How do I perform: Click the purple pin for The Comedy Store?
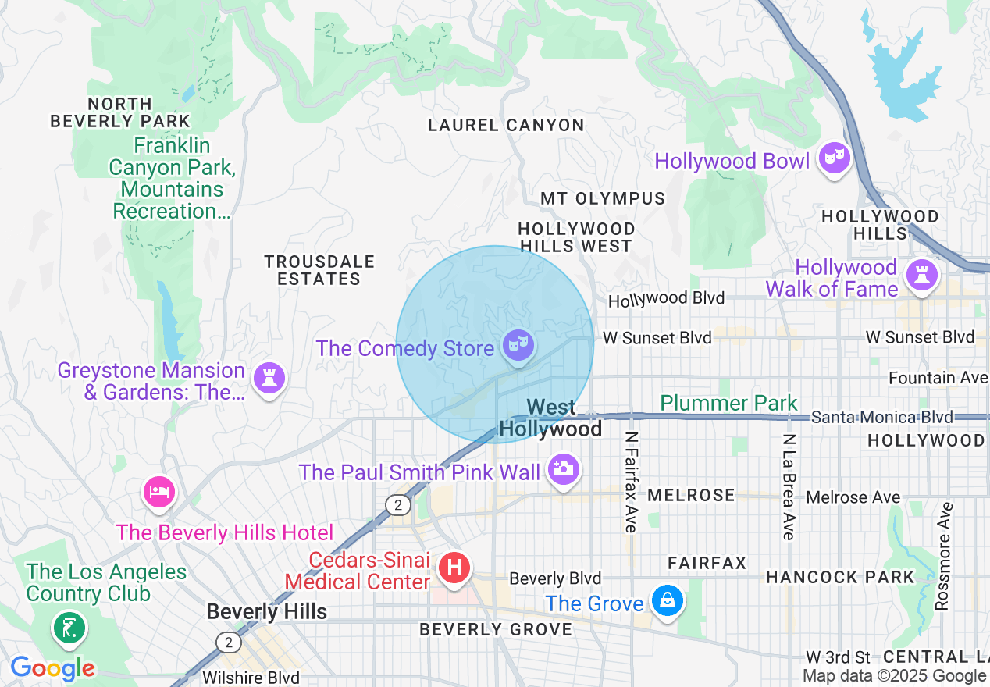[518, 343]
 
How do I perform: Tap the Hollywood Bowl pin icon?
[834, 158]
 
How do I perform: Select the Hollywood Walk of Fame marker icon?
[922, 275]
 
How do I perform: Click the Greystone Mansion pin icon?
[269, 379]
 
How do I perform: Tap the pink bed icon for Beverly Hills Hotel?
[159, 492]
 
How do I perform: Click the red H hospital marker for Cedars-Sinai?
[454, 566]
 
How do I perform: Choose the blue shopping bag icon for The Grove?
[668, 601]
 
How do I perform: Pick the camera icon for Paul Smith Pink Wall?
[563, 469]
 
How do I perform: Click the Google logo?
[52, 668]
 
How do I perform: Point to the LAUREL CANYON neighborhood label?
[506, 125]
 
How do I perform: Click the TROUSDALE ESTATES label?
[319, 270]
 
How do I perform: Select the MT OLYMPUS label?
[603, 198]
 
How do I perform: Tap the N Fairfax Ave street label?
[632, 482]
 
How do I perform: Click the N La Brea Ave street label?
[789, 486]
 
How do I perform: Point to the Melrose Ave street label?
[853, 497]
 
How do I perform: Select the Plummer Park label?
[728, 403]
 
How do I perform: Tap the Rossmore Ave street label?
[942, 556]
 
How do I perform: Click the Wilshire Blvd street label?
[251, 678]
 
